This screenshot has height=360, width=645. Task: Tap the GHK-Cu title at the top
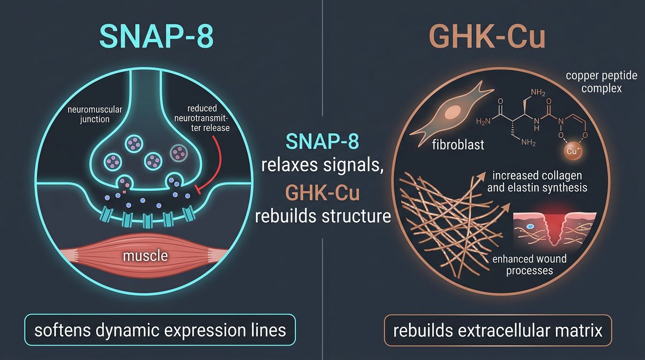coord(487,36)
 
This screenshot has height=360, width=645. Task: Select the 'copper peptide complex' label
coord(601,81)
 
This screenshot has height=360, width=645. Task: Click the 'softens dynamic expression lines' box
coord(160,330)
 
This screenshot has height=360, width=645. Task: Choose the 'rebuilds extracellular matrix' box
coord(497,331)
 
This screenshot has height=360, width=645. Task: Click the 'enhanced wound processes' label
coord(529,264)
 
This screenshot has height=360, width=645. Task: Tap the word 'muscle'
coord(145,256)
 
